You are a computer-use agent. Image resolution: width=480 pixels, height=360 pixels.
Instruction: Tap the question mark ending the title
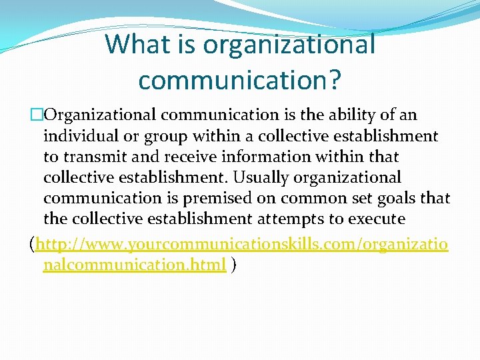(334, 79)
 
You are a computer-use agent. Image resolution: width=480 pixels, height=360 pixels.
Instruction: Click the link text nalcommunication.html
(135, 265)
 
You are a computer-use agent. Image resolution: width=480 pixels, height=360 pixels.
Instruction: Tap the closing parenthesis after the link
(233, 265)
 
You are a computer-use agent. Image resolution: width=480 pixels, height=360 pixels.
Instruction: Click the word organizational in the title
(289, 45)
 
